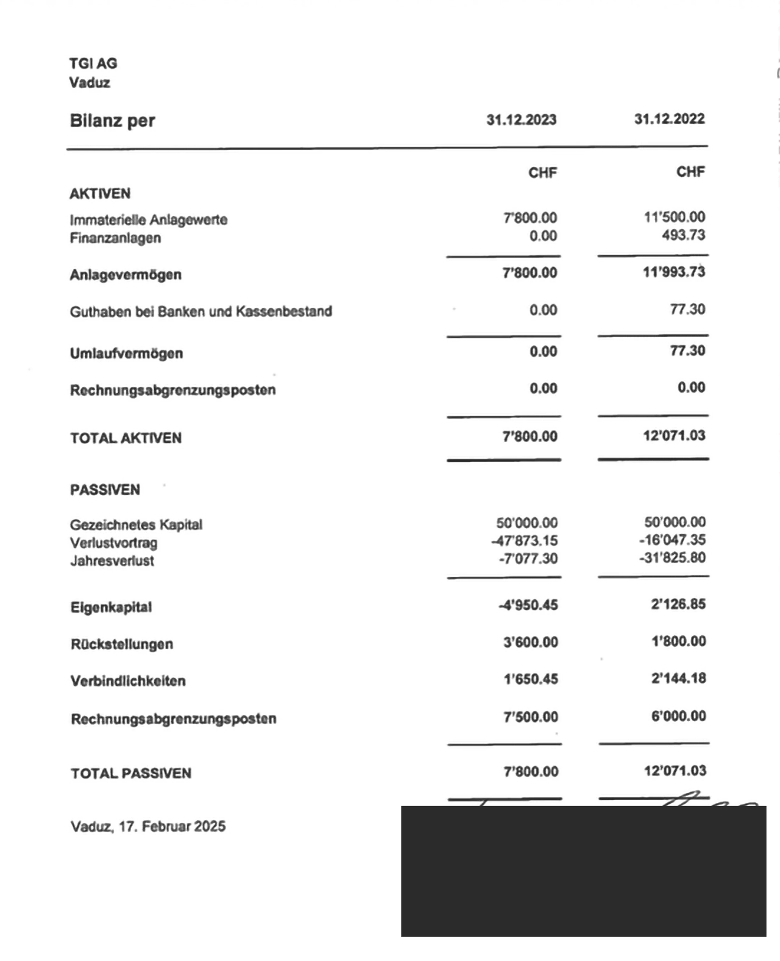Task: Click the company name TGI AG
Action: (x=93, y=63)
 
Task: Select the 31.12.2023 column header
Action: (x=521, y=120)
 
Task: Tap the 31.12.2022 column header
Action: (x=669, y=119)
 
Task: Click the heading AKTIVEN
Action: (x=100, y=194)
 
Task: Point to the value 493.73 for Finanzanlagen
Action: (x=683, y=235)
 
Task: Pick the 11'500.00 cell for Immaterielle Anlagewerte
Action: (x=674, y=217)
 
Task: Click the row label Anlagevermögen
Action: (x=125, y=275)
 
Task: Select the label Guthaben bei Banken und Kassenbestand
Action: (x=201, y=312)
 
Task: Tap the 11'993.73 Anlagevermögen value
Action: (x=674, y=272)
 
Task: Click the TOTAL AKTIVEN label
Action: (x=126, y=438)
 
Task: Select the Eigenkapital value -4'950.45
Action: (x=528, y=605)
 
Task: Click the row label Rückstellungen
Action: (x=122, y=644)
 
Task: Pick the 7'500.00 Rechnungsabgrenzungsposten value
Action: (x=531, y=716)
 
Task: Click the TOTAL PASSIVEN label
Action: (x=131, y=773)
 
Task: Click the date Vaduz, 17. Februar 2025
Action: (x=148, y=826)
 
